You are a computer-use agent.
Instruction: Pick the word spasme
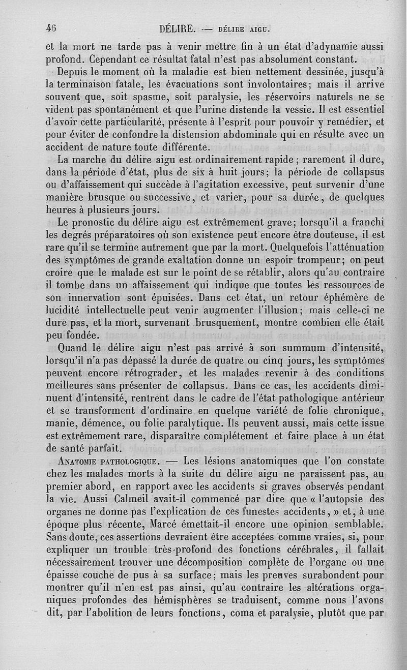(x=133, y=97)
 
